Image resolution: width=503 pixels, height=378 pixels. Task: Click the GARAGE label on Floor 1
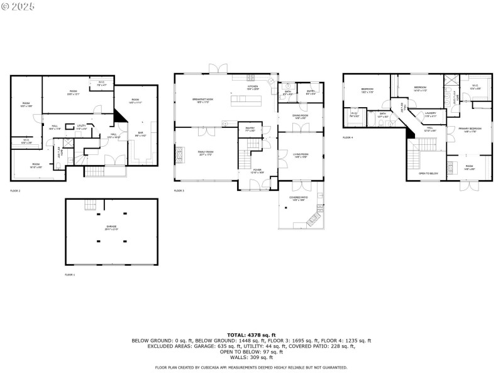111,227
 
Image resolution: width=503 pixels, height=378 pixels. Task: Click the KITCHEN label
252,88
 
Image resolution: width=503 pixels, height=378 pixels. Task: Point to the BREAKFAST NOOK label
203,100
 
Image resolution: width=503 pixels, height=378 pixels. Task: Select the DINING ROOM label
300,116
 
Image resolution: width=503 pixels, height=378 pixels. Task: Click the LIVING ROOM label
300,155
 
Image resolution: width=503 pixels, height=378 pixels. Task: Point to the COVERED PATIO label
299,198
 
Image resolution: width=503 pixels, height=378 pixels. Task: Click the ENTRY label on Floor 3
311,92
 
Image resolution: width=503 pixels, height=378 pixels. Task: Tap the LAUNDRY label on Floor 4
430,115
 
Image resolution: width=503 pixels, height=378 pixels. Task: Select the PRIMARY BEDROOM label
470,129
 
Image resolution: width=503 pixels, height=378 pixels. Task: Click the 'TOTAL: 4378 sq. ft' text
251,335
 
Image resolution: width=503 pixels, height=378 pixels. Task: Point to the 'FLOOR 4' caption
348,137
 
